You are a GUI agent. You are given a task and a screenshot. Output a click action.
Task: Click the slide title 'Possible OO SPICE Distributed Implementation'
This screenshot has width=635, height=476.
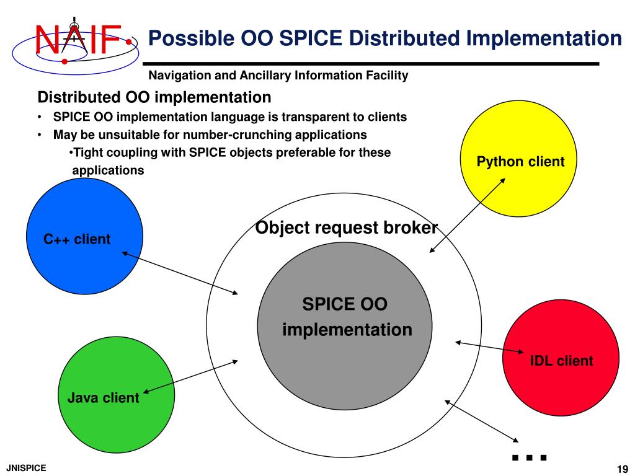tap(384, 38)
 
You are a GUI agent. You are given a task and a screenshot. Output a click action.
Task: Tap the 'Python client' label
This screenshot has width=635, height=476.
tap(520, 162)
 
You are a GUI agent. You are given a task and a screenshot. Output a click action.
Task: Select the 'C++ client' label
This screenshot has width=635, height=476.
tap(77, 239)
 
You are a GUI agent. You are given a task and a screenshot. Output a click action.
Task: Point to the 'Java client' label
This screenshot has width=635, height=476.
tap(103, 398)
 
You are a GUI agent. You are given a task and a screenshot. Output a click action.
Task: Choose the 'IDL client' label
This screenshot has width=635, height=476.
tap(561, 361)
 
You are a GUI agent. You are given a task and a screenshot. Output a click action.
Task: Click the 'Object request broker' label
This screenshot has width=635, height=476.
tap(347, 227)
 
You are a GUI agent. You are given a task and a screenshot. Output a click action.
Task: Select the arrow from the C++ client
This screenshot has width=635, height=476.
tap(180, 273)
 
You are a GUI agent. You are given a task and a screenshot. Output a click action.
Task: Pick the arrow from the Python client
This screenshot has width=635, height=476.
tap(467, 214)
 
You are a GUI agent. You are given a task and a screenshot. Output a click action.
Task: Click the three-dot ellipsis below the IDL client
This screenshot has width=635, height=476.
tap(529, 457)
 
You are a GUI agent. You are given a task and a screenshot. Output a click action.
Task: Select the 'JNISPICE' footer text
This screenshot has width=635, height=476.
tap(26, 468)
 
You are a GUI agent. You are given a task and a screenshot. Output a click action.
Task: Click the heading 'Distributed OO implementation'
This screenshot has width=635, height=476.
tap(154, 97)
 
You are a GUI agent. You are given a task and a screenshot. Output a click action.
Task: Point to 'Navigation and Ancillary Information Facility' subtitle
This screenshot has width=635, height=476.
tap(278, 76)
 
